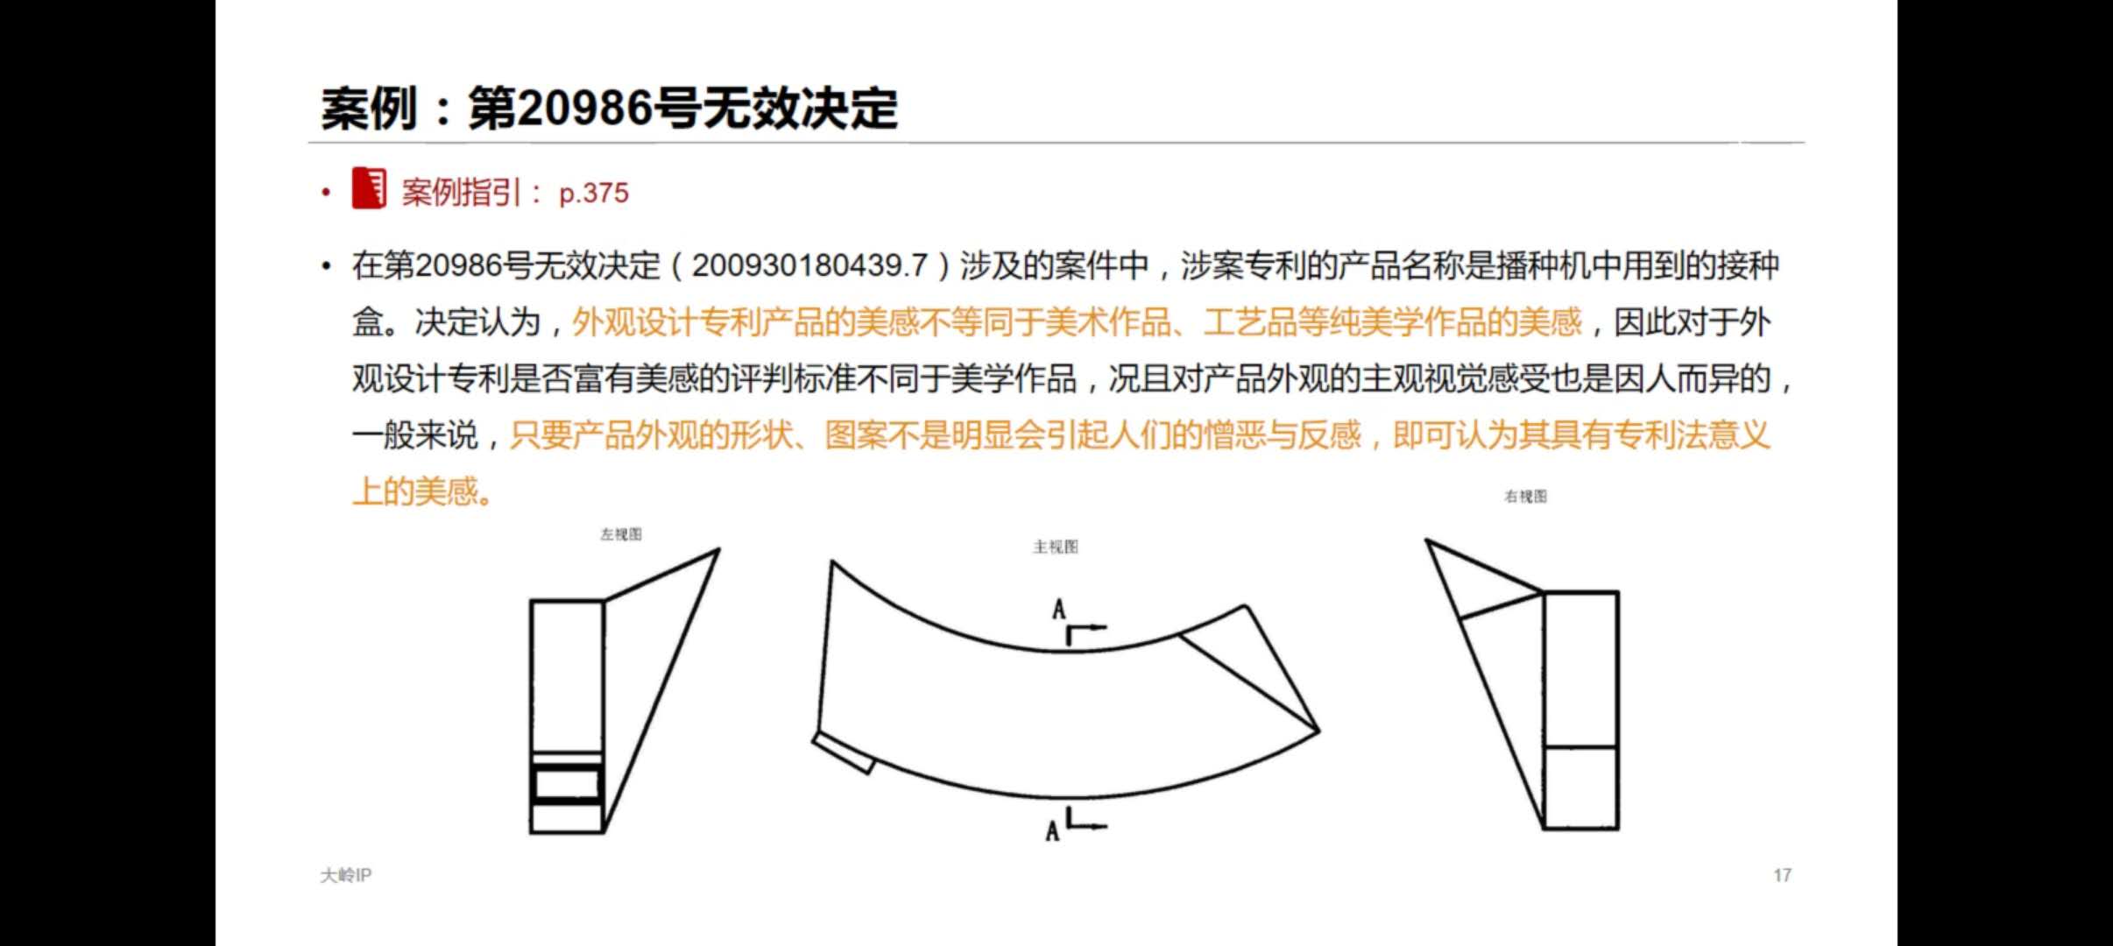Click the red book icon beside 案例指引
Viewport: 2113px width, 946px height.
click(369, 187)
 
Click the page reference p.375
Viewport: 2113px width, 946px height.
click(594, 193)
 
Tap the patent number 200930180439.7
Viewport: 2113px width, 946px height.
click(809, 265)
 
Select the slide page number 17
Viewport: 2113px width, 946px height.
click(1782, 875)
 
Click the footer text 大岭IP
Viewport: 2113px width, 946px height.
click(346, 875)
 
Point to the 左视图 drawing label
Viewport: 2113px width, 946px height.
click(621, 534)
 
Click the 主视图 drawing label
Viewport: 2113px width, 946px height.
click(1056, 547)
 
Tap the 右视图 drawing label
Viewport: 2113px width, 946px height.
click(1526, 497)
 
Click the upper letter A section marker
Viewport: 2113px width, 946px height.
click(1059, 610)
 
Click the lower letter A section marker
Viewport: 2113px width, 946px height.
click(1052, 830)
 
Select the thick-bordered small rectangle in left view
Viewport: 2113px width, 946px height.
click(567, 783)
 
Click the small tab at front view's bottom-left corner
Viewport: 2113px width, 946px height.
click(844, 752)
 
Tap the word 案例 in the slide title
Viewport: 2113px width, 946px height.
click(369, 109)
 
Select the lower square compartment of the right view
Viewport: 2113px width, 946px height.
click(1580, 787)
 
